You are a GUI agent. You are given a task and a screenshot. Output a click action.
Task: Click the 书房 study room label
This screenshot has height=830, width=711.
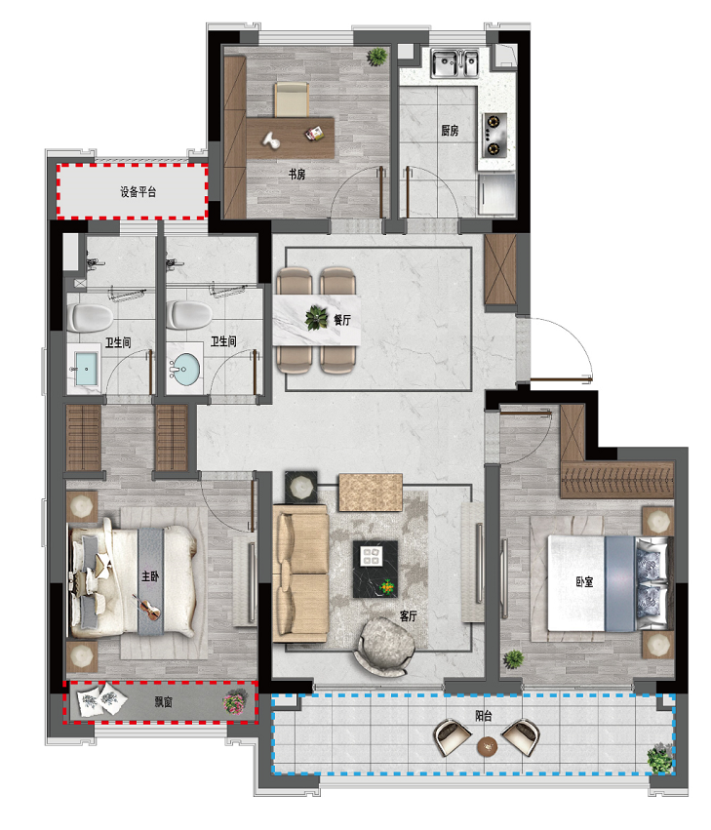[x=296, y=174]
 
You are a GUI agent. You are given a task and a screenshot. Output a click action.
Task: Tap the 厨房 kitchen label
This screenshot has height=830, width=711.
[x=450, y=131]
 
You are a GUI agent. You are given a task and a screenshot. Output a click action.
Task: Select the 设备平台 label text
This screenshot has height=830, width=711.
[x=138, y=191]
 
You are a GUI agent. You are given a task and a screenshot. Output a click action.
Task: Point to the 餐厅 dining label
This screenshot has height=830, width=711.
[x=342, y=320]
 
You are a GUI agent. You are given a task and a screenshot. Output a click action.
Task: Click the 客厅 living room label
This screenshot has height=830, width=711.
[x=409, y=616]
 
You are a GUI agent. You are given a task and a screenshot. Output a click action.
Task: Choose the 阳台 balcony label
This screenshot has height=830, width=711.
[x=484, y=716]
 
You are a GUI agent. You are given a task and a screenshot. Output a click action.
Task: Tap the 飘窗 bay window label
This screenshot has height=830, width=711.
[x=163, y=702]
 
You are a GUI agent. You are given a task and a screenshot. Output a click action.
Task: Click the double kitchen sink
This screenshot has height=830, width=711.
[x=454, y=63]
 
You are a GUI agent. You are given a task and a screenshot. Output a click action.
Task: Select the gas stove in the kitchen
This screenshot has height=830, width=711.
[x=494, y=135]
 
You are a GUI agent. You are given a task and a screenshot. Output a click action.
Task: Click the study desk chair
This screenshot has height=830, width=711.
[x=292, y=99]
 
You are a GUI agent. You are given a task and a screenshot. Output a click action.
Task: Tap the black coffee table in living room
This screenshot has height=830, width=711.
[x=375, y=569]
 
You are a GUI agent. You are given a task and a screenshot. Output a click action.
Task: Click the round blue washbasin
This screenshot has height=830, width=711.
[x=184, y=367]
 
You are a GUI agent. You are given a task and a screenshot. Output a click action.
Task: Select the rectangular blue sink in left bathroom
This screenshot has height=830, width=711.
[x=85, y=369]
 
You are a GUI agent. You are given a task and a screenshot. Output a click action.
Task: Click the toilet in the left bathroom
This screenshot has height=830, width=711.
[x=90, y=318]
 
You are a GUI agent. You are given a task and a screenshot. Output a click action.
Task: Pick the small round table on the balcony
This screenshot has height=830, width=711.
[x=487, y=746]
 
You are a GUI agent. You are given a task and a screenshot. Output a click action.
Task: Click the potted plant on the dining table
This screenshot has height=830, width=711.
[x=317, y=318]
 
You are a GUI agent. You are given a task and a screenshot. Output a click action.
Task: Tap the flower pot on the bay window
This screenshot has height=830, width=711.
[x=234, y=702]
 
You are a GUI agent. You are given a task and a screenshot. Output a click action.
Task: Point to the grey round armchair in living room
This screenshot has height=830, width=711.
[x=386, y=647]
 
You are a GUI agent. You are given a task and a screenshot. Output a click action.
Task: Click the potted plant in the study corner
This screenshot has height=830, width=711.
[x=376, y=57]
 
